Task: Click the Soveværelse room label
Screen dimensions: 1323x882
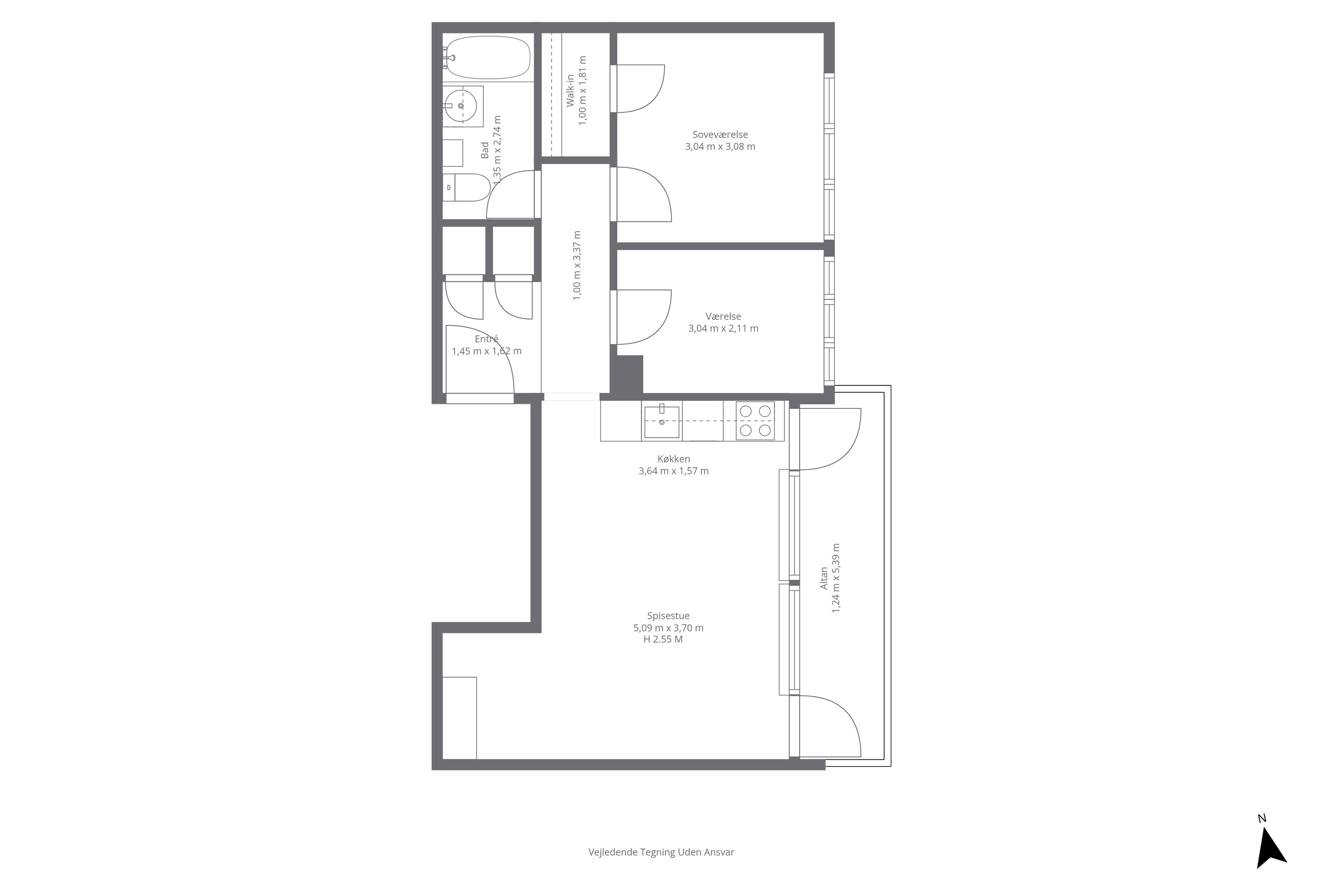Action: click(x=720, y=135)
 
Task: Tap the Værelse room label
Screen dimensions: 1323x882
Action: click(x=723, y=316)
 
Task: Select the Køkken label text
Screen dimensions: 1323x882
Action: click(x=673, y=459)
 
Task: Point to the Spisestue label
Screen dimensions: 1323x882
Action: click(x=668, y=615)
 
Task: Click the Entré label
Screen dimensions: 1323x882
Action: click(x=486, y=339)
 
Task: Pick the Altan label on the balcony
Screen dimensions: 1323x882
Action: click(x=824, y=578)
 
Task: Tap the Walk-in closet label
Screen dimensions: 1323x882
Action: click(x=570, y=90)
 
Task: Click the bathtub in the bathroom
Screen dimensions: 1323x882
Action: click(x=486, y=57)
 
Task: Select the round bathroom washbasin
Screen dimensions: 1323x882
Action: click(x=461, y=106)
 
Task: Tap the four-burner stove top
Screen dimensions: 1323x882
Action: click(x=755, y=421)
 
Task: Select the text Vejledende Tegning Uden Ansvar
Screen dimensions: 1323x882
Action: click(x=661, y=852)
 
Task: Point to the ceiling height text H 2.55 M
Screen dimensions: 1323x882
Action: click(x=663, y=639)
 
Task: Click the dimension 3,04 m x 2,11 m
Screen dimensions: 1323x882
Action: click(x=723, y=329)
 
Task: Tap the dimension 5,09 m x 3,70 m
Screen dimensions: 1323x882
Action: click(x=668, y=628)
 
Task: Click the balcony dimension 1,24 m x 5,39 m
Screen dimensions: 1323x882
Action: click(x=836, y=578)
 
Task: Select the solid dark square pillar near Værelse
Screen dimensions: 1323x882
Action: click(x=627, y=374)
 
